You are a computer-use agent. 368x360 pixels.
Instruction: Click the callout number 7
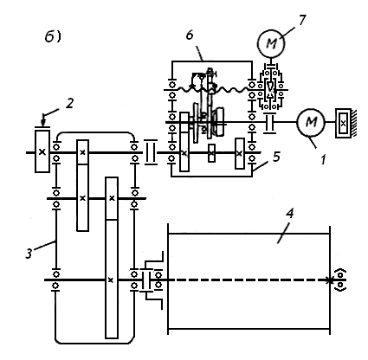click(x=301, y=21)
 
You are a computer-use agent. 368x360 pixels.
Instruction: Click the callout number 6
click(x=190, y=35)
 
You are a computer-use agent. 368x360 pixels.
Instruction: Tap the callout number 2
click(x=69, y=103)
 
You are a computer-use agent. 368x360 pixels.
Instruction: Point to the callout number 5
click(x=276, y=157)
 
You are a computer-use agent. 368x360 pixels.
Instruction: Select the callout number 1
click(x=323, y=159)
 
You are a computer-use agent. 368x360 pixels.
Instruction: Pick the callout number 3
click(x=29, y=253)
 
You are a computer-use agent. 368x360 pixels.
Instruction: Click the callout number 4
click(x=289, y=214)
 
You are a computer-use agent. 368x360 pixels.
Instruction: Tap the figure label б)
click(x=53, y=36)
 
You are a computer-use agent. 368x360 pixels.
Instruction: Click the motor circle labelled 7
click(x=271, y=43)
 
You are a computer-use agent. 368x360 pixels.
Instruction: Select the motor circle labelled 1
click(x=311, y=122)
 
